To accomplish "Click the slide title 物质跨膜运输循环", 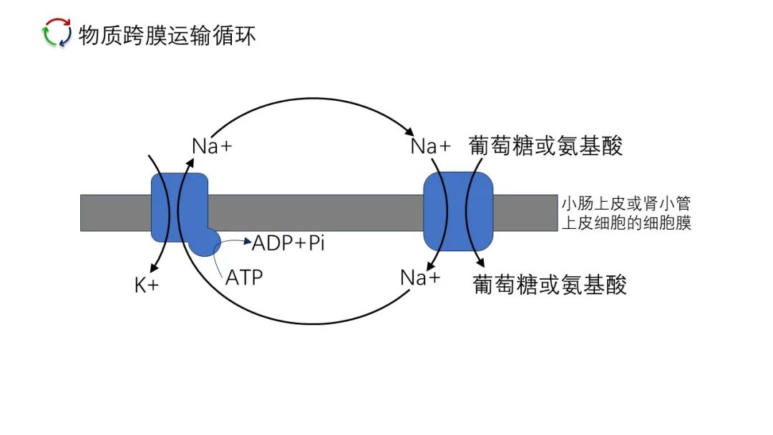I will coord(167,34).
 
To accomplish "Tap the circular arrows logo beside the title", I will coord(57,34).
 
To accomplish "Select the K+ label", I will coord(147,285).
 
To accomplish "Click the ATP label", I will coord(244,277).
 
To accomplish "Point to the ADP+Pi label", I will coord(288,243).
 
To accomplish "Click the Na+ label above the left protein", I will coord(213,146).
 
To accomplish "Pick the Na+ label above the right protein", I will coord(431,147).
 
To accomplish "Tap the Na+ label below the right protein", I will coord(420,278).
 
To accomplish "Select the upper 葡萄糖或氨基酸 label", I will coord(545,146).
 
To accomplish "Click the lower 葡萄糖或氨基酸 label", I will coord(550,285).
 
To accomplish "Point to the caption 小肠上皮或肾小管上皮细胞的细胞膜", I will coord(626,212).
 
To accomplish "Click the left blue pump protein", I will coord(179,207).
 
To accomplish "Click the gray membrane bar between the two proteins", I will coord(315,212).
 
